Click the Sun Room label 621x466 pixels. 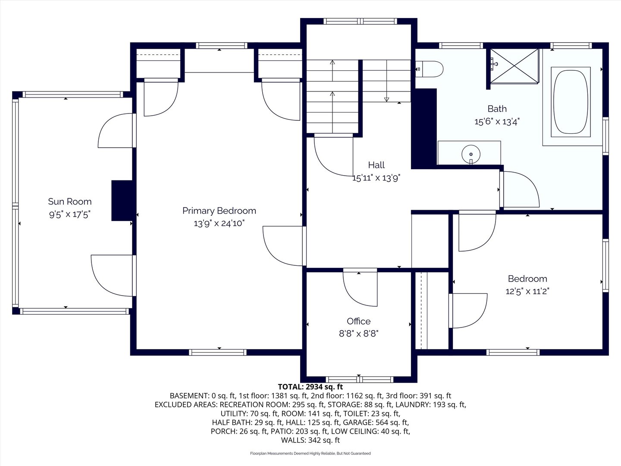click(x=69, y=202)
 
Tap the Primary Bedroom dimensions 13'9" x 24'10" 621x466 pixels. click(x=219, y=224)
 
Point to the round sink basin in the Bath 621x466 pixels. click(x=471, y=154)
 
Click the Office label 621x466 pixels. click(x=358, y=321)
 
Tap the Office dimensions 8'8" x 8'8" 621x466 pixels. click(x=358, y=334)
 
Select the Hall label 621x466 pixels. click(x=376, y=165)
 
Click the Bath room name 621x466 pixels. click(x=497, y=109)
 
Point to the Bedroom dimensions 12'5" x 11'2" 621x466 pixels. click(x=527, y=291)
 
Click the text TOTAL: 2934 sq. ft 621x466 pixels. click(x=310, y=387)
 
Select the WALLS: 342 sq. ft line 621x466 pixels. click(x=310, y=440)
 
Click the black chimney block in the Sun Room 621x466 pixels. click(x=122, y=200)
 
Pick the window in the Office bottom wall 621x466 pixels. click(x=359, y=379)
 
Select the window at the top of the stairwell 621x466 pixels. click(x=360, y=21)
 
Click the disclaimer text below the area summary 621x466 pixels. click(x=310, y=453)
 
